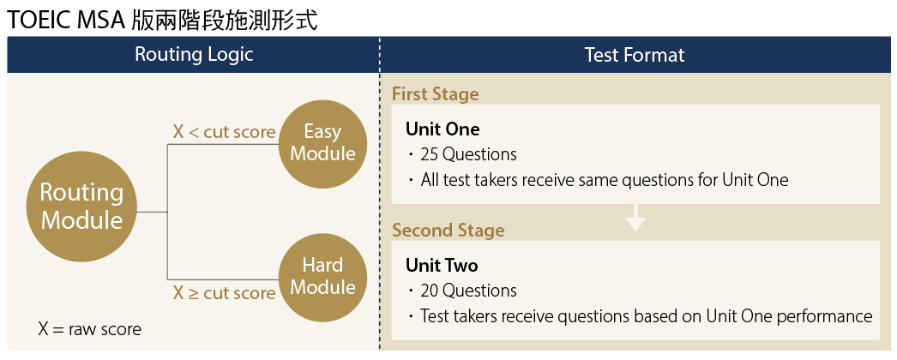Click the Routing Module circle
82,207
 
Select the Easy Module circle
322,142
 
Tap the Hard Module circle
322,275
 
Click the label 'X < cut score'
224,132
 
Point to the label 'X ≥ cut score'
224,293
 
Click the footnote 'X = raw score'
89,328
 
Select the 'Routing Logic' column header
194,55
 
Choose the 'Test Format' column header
635,55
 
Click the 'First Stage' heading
436,94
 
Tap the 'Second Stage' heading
448,230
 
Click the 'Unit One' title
442,129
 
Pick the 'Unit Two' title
442,265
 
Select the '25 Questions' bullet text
468,155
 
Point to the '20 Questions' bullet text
468,291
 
